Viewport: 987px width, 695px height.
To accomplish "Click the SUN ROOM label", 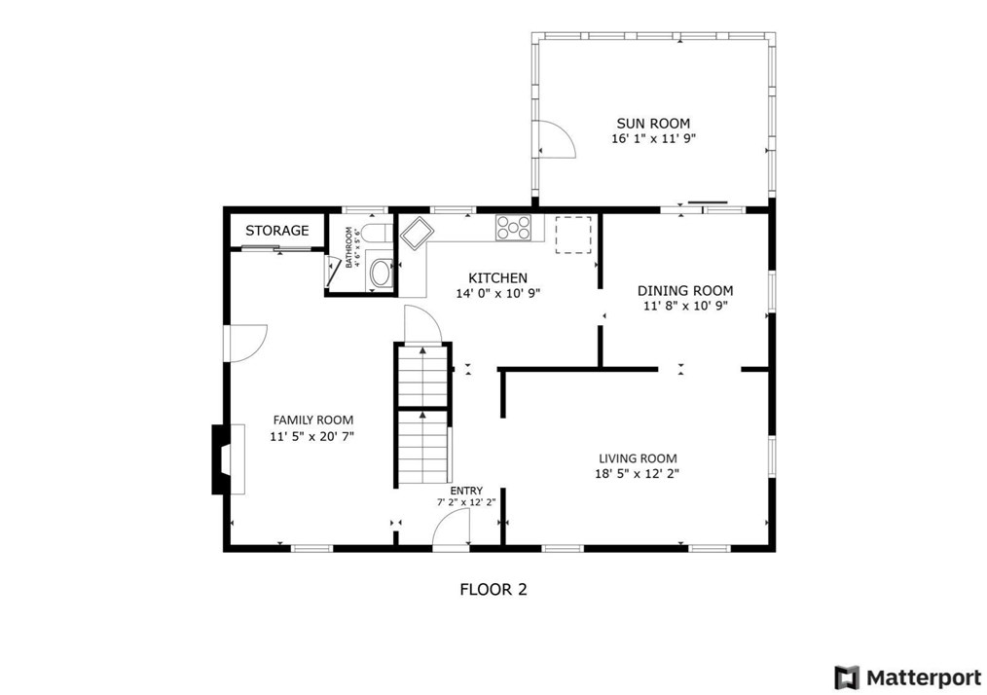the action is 653,124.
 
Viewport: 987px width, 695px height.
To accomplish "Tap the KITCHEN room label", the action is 498,277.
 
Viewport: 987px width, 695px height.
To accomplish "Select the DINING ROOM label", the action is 685,291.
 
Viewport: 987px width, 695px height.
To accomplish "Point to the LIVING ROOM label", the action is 638,458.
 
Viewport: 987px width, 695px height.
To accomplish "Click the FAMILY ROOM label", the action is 312,420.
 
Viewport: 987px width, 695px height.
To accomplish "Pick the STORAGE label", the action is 277,231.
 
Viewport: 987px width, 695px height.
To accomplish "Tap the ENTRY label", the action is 466,491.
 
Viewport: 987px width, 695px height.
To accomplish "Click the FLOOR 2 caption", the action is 493,590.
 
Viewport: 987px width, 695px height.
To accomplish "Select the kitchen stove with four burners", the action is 513,227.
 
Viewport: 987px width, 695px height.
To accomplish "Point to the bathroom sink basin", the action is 380,274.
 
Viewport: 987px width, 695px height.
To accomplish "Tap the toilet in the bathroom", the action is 377,234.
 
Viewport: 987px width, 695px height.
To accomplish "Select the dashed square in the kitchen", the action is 572,235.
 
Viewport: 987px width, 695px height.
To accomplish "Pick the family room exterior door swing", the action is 248,343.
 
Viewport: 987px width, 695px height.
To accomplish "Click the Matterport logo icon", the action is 847,677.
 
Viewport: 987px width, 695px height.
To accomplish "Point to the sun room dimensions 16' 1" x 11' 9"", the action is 653,138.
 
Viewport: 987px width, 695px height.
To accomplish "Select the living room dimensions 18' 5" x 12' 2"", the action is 637,473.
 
